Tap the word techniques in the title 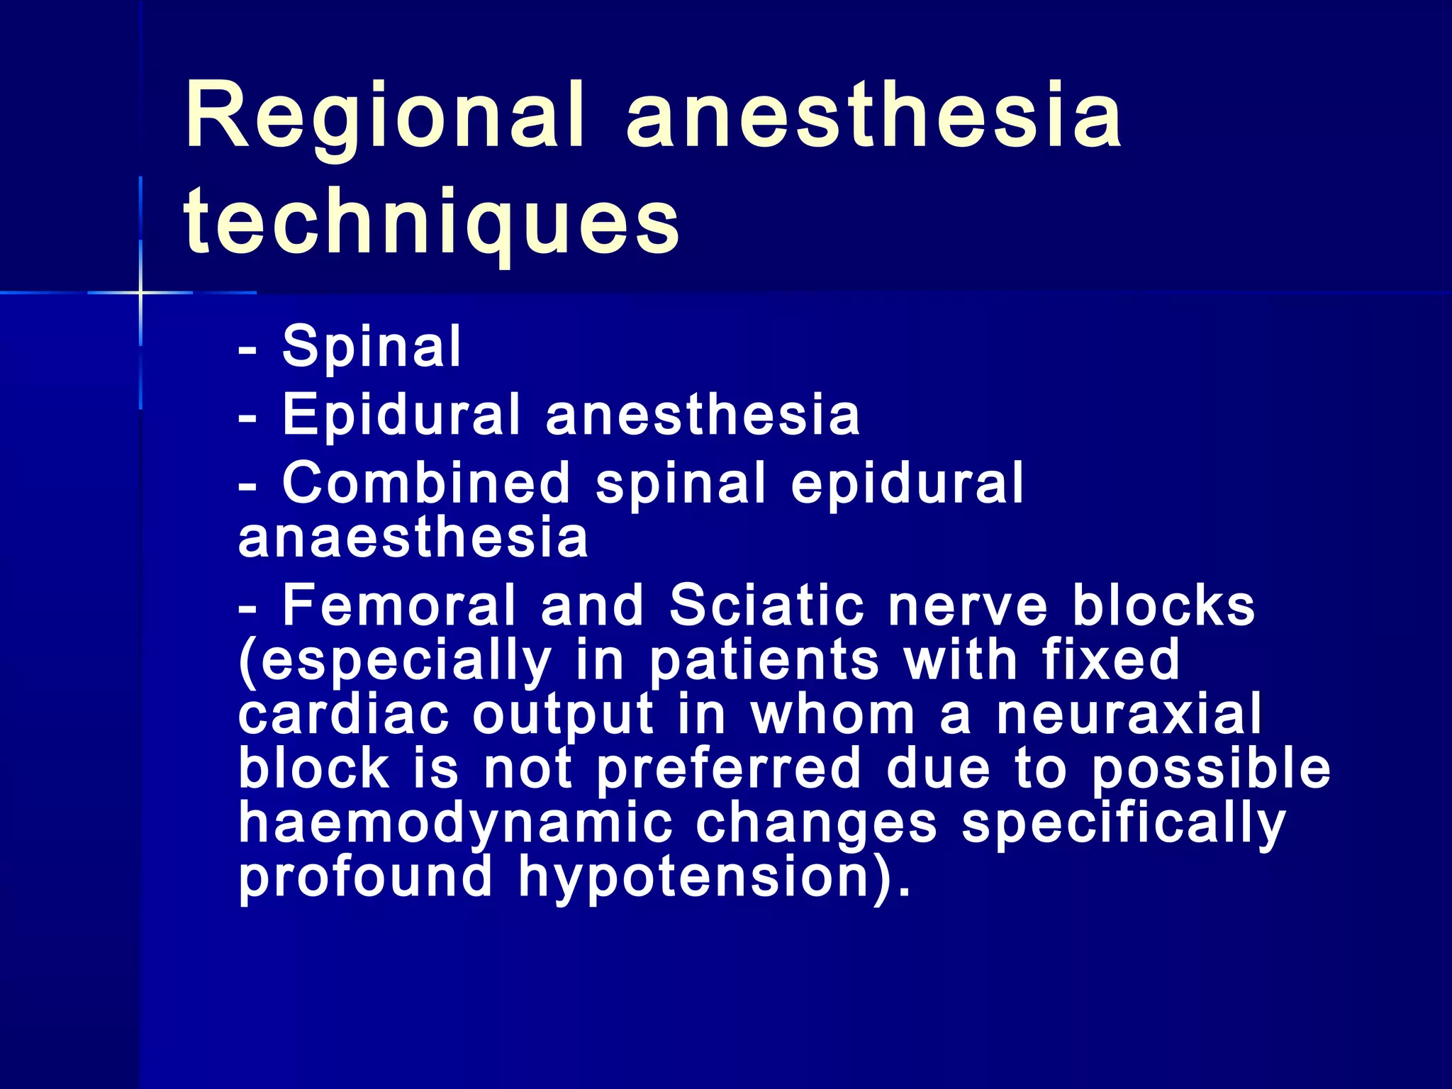coord(432,222)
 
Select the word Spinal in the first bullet coord(372,347)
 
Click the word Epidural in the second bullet coord(401,415)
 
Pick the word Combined coord(426,484)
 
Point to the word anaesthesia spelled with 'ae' coord(413,537)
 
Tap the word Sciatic coord(766,606)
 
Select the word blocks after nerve coord(1163,606)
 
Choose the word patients coord(764,661)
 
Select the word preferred coord(728,770)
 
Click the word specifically coord(1123,825)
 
